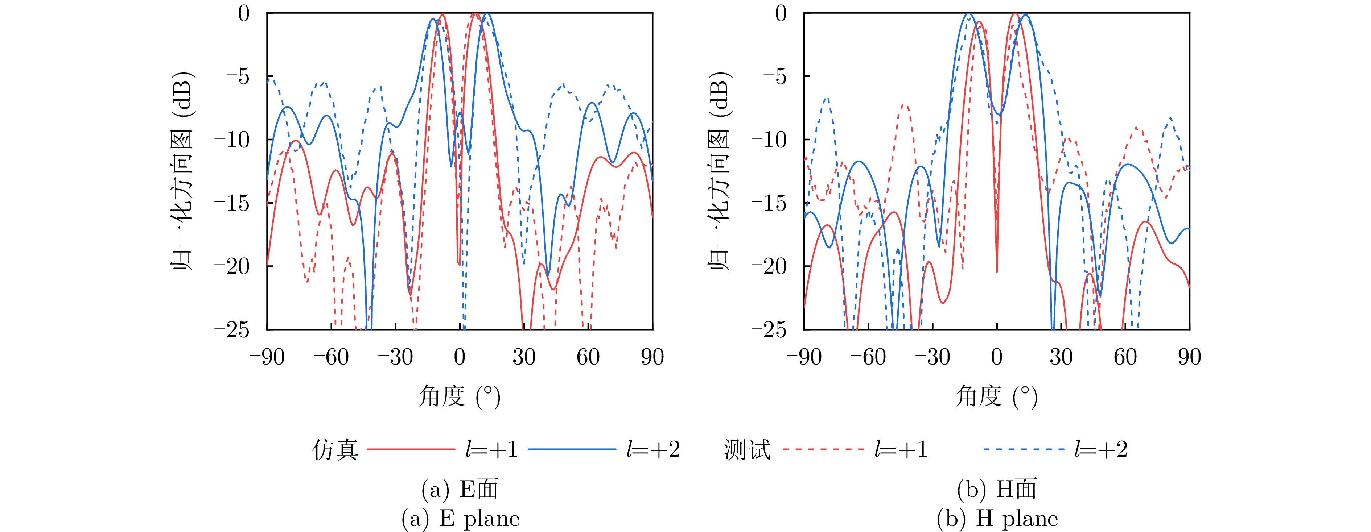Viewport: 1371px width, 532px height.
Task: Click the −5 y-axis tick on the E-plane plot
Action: point(237,76)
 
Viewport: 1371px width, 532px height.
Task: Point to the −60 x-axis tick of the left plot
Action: point(331,357)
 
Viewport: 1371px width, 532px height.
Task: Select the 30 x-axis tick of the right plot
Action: point(1061,357)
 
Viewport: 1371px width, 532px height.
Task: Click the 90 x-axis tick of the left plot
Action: point(652,357)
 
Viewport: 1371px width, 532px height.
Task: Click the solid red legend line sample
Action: point(411,449)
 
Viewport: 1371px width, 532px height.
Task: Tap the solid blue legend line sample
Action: point(572,449)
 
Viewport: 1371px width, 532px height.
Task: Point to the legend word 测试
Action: point(747,449)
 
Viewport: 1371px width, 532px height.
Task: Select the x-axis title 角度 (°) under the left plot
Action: point(459,396)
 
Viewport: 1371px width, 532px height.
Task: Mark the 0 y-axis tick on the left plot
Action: point(244,13)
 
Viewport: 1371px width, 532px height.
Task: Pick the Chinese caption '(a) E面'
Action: point(460,489)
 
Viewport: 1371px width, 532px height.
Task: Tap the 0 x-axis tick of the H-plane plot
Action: point(997,357)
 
